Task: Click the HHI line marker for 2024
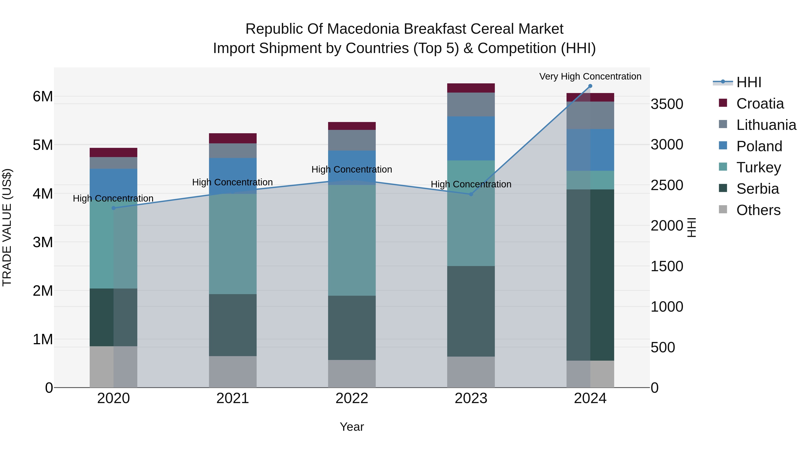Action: (590, 86)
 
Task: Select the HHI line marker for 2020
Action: (113, 208)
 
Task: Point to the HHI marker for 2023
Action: (471, 194)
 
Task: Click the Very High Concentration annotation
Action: (590, 76)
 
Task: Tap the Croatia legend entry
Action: (760, 104)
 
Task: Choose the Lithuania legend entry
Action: (766, 125)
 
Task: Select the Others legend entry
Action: (758, 210)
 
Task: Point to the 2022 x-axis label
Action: (352, 398)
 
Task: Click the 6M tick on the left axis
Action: (43, 96)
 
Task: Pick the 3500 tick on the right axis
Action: (667, 104)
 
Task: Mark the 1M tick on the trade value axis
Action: (43, 339)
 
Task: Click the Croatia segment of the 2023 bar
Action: (471, 88)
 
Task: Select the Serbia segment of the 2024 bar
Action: (590, 275)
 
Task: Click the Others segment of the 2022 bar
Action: (352, 374)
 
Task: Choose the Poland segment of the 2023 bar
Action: (471, 138)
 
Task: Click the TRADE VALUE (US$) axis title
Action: (7, 227)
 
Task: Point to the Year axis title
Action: (352, 427)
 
